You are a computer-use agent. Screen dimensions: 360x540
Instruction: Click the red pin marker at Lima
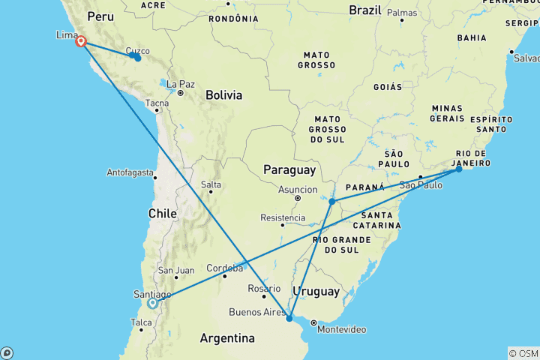point(80,42)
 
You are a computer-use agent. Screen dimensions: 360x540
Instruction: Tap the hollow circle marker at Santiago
point(152,304)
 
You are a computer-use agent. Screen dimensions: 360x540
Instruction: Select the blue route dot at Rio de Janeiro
point(459,169)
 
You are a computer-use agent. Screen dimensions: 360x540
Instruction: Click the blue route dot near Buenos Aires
point(289,318)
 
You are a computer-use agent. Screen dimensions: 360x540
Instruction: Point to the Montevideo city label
point(342,330)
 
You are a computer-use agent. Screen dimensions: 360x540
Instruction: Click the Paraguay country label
point(288,171)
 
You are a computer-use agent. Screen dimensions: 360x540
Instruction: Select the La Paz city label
point(181,84)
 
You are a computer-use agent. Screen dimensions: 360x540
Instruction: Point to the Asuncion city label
point(298,190)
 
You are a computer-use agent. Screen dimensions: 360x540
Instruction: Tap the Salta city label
point(211,184)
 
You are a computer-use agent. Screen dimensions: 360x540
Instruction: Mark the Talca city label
point(142,323)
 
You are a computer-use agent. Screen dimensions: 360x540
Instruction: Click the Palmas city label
point(402,13)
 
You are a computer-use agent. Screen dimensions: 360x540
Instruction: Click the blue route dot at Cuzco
point(137,57)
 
